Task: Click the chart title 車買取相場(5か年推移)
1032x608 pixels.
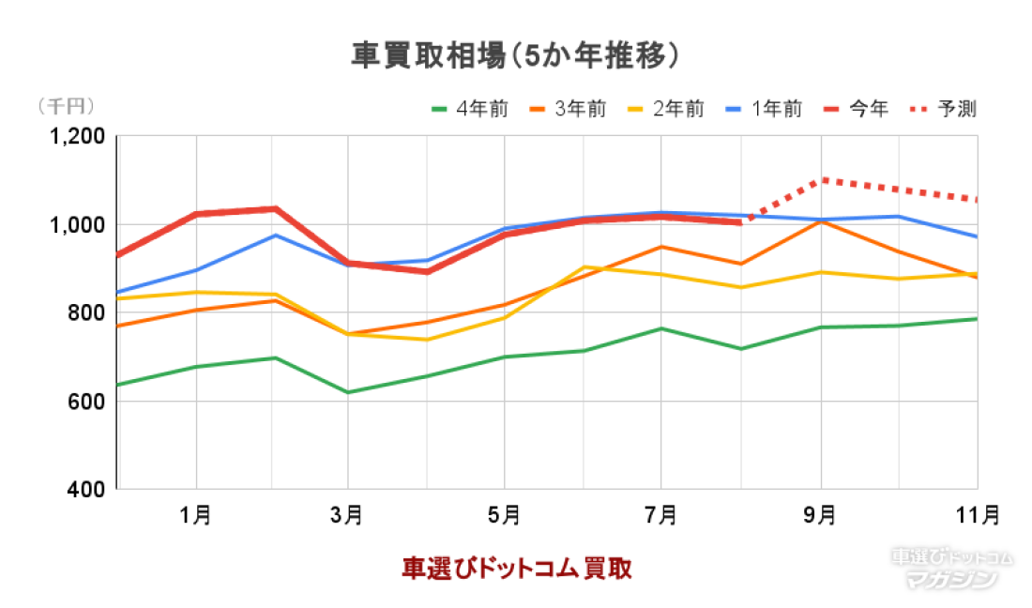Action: coord(515,55)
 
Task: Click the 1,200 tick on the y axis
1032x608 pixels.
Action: coord(78,137)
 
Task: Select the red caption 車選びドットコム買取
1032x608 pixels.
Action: coord(516,568)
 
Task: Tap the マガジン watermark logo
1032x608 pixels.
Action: coord(951,579)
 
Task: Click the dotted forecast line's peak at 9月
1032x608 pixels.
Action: coord(822,179)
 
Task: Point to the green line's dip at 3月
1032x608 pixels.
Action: coord(348,392)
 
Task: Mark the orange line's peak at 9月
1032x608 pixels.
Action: coord(822,221)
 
